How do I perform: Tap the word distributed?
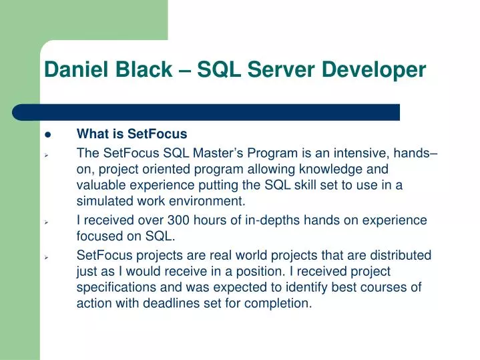(x=399, y=255)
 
